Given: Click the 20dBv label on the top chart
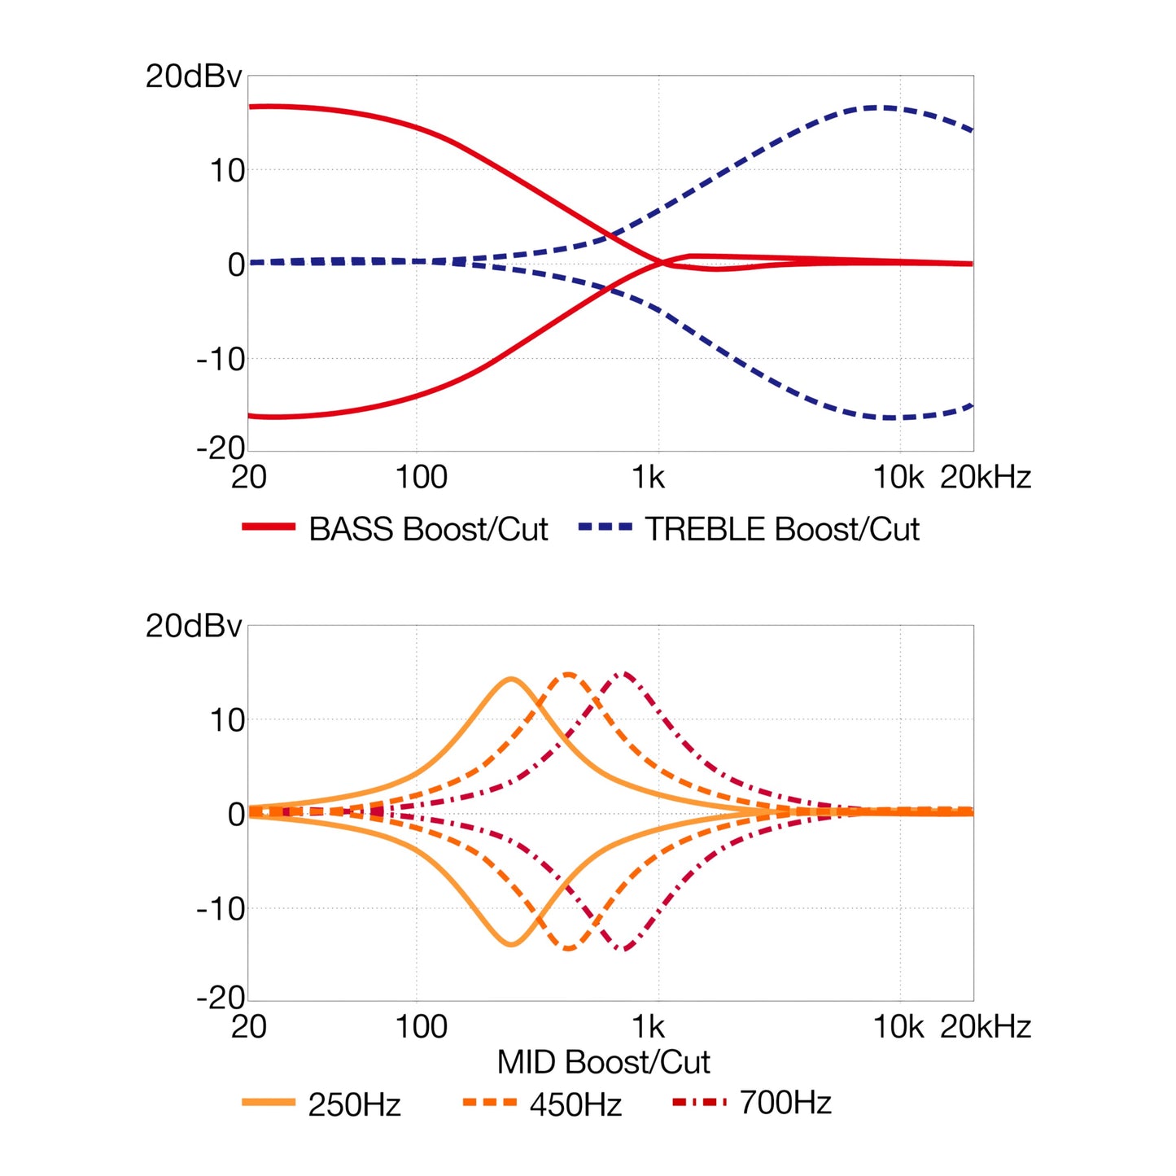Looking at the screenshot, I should tap(194, 77).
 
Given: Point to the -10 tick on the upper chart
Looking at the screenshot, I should tap(221, 359).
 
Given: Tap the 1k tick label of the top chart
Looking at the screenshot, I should tap(649, 477).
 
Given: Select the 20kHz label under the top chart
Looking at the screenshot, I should tap(985, 477).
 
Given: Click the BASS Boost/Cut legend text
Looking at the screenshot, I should tap(428, 530).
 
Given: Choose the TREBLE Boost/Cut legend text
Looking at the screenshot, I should tap(782, 530).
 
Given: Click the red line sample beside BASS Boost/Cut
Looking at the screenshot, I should tap(269, 527).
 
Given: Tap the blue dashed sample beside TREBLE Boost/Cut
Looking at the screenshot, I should tap(605, 527).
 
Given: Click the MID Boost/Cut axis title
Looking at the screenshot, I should tap(603, 1062).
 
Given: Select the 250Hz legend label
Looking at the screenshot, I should tap(354, 1105).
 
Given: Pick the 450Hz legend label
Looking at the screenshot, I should tap(575, 1105).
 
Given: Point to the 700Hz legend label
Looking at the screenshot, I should tap(785, 1103).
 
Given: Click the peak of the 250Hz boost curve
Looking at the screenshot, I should tap(511, 678).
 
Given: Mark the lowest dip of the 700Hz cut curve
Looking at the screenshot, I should tap(624, 949).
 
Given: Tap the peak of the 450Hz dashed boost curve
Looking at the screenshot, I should tap(568, 674).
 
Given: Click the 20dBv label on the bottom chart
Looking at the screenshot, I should tap(194, 626).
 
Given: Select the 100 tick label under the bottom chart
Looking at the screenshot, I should tap(421, 1027).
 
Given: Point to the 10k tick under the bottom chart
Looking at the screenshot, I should tap(898, 1027).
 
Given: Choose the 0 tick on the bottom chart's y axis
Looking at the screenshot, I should tap(236, 814).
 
